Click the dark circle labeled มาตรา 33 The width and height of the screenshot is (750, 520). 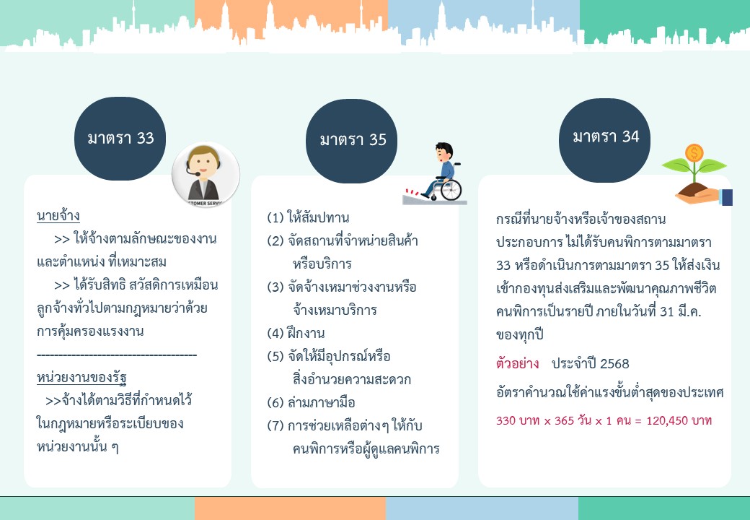pyautogui.click(x=120, y=139)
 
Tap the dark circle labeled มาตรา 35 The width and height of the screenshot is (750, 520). pyautogui.click(x=352, y=141)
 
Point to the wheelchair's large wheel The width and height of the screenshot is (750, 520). pyautogui.click(x=451, y=190)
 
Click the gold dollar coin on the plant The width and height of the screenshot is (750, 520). pyautogui.click(x=694, y=152)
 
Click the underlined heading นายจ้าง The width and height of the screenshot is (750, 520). pyautogui.click(x=58, y=216)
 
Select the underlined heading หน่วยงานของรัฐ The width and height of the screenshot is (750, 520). pyautogui.click(x=81, y=377)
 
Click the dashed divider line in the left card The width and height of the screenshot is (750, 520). pyautogui.click(x=117, y=355)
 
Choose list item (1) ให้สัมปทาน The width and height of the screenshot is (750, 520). pyautogui.click(x=308, y=217)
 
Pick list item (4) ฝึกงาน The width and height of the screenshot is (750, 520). pyautogui.click(x=296, y=333)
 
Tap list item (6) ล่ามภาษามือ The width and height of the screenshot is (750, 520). pyautogui.click(x=311, y=402)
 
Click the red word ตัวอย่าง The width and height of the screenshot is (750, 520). pyautogui.click(x=518, y=363)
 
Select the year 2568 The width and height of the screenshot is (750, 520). pyautogui.click(x=614, y=364)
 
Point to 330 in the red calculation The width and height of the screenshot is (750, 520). pyautogui.click(x=506, y=421)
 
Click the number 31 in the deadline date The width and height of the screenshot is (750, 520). pyautogui.click(x=667, y=312)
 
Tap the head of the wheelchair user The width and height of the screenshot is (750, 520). pyautogui.click(x=444, y=151)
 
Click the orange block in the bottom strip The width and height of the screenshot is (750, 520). pyautogui.click(x=290, y=508)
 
